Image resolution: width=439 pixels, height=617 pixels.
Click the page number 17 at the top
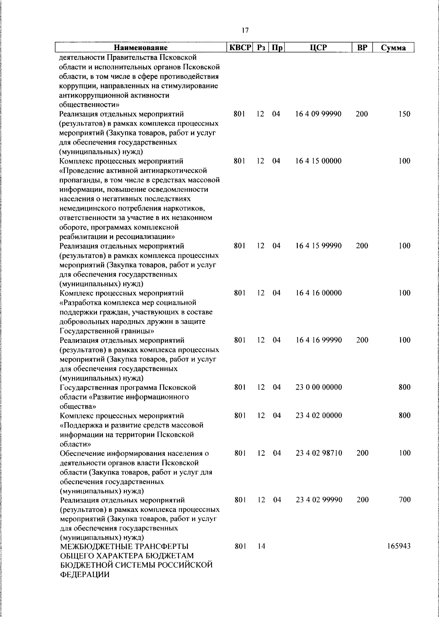(x=245, y=30)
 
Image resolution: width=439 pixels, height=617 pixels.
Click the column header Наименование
(x=141, y=48)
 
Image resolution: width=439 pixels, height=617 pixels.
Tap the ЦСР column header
(x=318, y=48)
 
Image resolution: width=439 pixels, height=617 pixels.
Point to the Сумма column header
(x=393, y=48)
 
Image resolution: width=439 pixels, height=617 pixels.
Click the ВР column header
(x=361, y=48)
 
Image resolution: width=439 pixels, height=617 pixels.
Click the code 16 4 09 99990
(x=318, y=114)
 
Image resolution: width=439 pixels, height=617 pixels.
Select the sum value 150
(x=404, y=114)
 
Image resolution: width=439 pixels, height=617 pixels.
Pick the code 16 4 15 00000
(x=318, y=161)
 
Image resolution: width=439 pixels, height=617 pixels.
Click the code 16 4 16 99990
(x=318, y=340)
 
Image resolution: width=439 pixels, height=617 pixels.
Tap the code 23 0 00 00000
(x=318, y=387)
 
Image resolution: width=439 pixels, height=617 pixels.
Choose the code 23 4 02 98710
(x=318, y=453)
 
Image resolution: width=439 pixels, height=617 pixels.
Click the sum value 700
(x=404, y=500)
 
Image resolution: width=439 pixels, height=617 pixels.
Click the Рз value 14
(x=261, y=546)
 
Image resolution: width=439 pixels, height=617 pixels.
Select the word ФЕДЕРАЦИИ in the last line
(x=85, y=575)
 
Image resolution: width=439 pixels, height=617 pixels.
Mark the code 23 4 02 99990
(x=318, y=500)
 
